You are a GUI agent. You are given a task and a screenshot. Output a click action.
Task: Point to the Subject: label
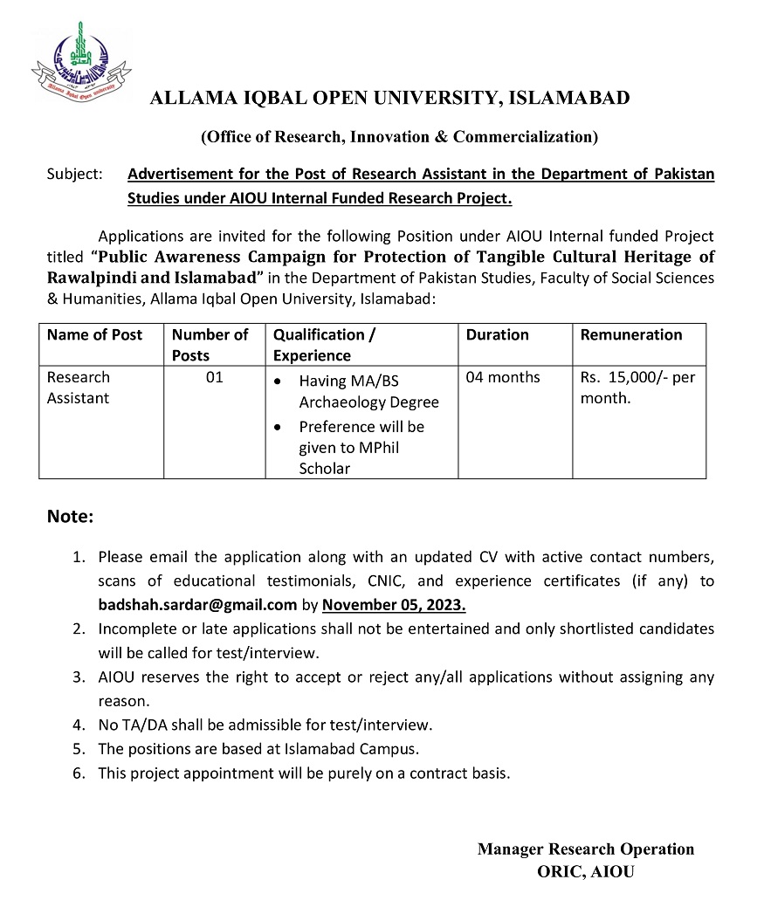pyautogui.click(x=75, y=174)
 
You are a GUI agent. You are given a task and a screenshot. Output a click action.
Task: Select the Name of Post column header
pyautogui.click(x=94, y=334)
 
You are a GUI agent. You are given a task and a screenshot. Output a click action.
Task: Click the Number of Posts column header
pyautogui.click(x=210, y=345)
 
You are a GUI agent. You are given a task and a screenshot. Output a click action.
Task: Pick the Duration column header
pyautogui.click(x=498, y=334)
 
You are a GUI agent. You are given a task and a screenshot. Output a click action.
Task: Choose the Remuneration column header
pyautogui.click(x=631, y=334)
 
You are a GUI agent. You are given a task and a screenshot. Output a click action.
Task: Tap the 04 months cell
pyautogui.click(x=503, y=377)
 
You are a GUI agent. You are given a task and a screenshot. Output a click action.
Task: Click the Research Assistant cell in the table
pyautogui.click(x=79, y=388)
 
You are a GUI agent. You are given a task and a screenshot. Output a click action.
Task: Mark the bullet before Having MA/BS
pyautogui.click(x=278, y=381)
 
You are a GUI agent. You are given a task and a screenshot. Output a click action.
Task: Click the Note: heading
pyautogui.click(x=70, y=517)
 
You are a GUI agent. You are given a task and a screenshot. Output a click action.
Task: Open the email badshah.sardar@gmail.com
pyautogui.click(x=197, y=603)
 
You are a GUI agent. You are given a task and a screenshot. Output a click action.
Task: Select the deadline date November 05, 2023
pyautogui.click(x=394, y=603)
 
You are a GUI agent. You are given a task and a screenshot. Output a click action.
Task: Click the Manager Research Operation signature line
pyautogui.click(x=586, y=849)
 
